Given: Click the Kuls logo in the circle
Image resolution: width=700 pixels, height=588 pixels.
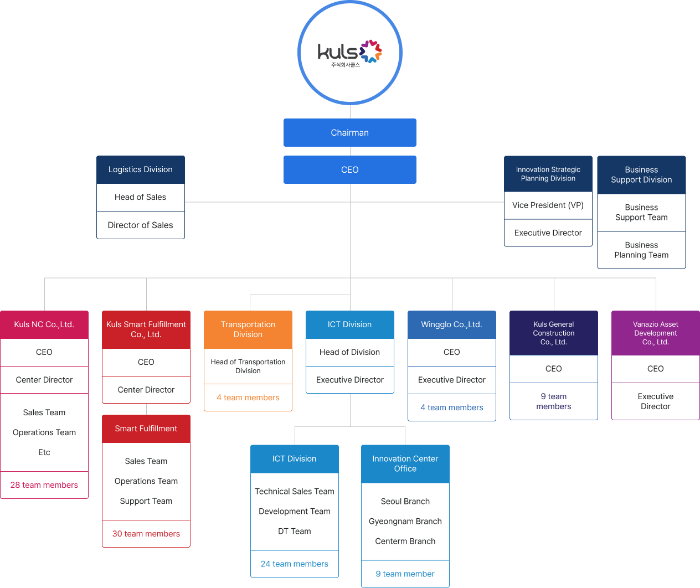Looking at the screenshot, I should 349,53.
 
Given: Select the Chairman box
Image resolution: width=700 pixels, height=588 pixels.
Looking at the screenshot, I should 349,133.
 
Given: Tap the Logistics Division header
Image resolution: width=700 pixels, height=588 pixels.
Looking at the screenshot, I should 140,169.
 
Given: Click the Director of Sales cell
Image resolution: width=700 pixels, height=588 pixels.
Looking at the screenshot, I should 140,225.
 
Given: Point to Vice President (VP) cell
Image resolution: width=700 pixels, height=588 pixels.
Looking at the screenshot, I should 548,205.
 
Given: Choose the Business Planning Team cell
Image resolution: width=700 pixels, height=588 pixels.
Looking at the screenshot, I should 641,250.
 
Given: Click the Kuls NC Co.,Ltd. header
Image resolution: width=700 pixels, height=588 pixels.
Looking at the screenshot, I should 44,324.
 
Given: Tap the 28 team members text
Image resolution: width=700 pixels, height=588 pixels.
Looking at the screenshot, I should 44,485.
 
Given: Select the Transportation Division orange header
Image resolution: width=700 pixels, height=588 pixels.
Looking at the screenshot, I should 248,329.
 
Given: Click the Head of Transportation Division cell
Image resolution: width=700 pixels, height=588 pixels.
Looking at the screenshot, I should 248,367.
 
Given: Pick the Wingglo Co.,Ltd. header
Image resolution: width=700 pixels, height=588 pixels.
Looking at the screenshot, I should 451,324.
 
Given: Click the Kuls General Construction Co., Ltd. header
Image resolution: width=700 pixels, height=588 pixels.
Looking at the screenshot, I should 553,333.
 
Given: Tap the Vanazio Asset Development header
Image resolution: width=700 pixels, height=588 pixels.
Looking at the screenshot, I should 655,333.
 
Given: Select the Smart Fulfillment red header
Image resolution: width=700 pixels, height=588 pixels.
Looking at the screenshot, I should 146,429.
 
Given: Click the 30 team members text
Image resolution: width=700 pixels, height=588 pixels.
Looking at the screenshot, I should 146,534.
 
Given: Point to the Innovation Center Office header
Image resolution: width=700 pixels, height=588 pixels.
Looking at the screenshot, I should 405,464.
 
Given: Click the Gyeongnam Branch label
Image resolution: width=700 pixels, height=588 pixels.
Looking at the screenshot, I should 405,522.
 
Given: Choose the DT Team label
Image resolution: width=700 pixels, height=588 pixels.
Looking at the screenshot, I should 294,532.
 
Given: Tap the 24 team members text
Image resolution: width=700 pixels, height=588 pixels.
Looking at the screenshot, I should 294,564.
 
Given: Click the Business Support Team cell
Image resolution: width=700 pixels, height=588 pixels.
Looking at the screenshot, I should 641,213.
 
